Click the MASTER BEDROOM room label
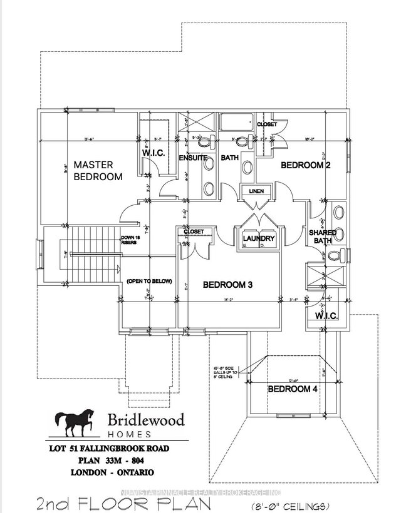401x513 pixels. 94,171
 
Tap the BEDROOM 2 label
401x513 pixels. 305,165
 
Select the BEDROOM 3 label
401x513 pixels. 227,285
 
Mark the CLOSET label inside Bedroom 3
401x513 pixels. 194,232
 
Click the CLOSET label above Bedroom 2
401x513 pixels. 266,124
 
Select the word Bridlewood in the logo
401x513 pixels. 145,420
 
